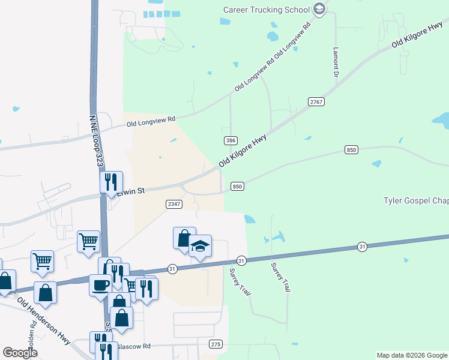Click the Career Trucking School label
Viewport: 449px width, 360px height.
[x=266, y=10]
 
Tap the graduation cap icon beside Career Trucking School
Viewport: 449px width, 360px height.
[x=319, y=8]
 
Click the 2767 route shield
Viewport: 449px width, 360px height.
[x=316, y=102]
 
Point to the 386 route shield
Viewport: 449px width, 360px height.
[x=230, y=140]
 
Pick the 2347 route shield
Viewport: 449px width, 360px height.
[x=173, y=204]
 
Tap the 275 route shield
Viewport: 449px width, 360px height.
[x=216, y=344]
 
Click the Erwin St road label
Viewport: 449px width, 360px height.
[x=131, y=191]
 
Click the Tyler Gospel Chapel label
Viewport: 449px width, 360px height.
[x=416, y=200]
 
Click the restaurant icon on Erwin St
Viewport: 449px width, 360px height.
[x=111, y=182]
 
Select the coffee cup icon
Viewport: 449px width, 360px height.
[x=100, y=285]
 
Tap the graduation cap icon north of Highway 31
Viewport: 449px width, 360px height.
[x=200, y=246]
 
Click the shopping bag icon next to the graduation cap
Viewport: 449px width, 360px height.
[x=184, y=238]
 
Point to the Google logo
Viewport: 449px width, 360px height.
[x=20, y=352]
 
